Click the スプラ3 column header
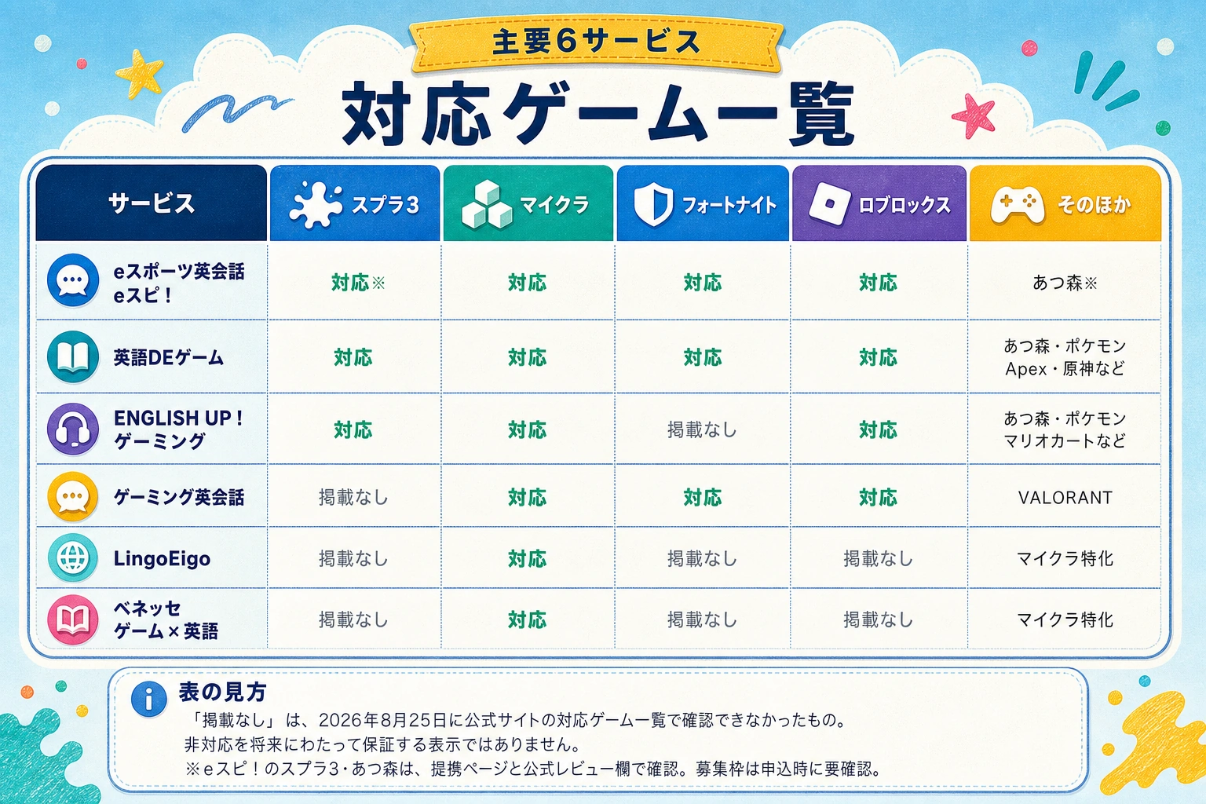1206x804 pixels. click(x=355, y=203)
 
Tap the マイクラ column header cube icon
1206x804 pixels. click(x=487, y=204)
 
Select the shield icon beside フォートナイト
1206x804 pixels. click(x=653, y=204)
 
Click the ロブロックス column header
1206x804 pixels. click(x=879, y=203)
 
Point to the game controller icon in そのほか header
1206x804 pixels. click(x=1017, y=205)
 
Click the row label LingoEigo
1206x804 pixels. click(x=162, y=558)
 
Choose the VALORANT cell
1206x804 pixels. click(x=1065, y=497)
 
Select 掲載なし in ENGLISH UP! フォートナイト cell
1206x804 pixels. click(x=702, y=429)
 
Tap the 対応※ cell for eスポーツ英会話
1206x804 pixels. click(x=358, y=282)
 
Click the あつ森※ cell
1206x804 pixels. click(x=1065, y=283)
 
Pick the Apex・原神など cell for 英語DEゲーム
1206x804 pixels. click(x=1065, y=369)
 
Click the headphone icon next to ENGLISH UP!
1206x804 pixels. click(x=73, y=429)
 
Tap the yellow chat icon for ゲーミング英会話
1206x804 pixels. click(x=73, y=497)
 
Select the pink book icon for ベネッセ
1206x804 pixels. click(x=73, y=619)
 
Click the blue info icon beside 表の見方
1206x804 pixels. click(x=148, y=699)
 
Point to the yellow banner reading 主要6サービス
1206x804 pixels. click(x=595, y=43)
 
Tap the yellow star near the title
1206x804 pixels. click(x=139, y=73)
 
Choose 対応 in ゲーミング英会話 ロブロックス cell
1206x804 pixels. click(x=878, y=497)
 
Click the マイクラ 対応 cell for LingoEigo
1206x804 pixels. click(x=527, y=558)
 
